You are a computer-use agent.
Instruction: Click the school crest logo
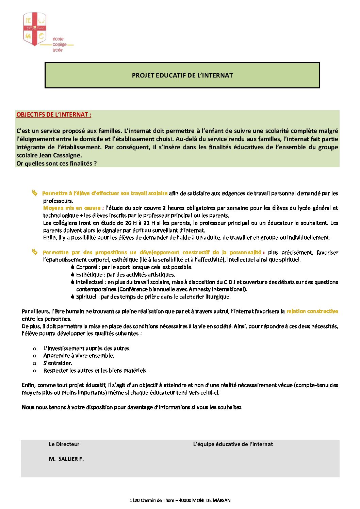coord(34,29)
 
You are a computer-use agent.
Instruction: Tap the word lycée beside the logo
coord(58,50)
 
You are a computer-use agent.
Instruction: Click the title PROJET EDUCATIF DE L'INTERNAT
coord(182,75)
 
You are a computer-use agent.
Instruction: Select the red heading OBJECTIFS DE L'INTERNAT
coord(54,115)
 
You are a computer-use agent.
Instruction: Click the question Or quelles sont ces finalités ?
coord(56,164)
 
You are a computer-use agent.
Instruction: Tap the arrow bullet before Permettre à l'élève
coord(34,193)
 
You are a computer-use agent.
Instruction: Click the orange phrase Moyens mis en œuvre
coord(72,208)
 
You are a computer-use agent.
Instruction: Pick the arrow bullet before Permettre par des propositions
coord(34,252)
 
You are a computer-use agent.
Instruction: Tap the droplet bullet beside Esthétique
coord(73,275)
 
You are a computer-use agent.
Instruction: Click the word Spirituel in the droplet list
coord(86,297)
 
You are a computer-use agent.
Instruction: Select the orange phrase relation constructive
coord(312,311)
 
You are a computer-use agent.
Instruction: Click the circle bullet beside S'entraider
coord(34,363)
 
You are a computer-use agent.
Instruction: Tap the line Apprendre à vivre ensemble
coord(79,356)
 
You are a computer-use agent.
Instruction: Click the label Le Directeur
coord(64,444)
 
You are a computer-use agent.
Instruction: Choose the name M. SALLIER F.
coord(66,459)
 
